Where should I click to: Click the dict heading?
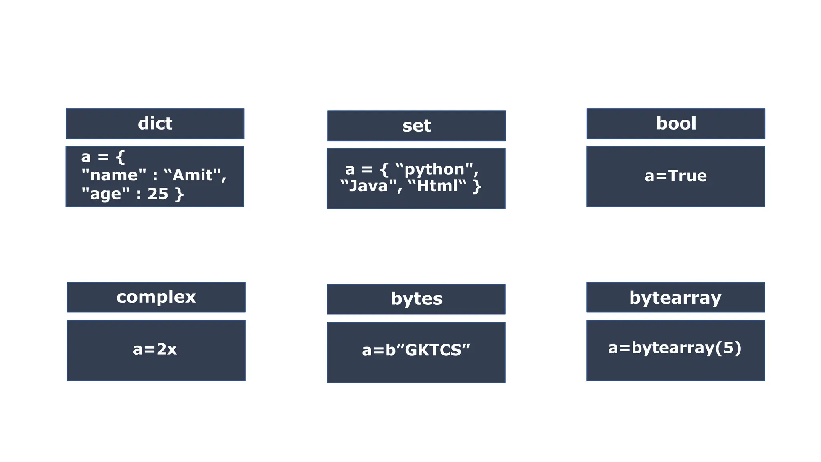155,124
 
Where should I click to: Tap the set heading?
416,126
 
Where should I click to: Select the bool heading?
676,124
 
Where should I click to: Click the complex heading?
156,297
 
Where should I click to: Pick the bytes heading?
417,299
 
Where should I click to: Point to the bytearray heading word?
675,298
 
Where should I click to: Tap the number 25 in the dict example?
158,194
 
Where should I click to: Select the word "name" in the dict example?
114,175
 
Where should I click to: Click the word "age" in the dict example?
105,194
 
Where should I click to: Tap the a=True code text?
675,176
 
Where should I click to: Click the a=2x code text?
155,349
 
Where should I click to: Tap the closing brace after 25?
179,195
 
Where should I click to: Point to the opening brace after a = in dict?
120,157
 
